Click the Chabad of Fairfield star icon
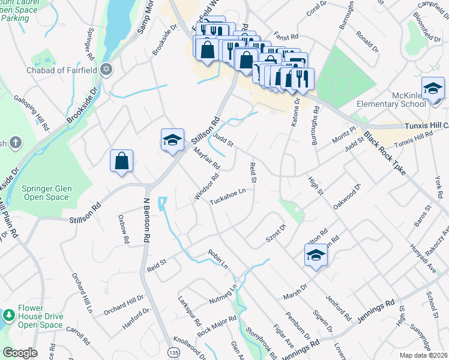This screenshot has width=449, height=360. (x=107, y=70)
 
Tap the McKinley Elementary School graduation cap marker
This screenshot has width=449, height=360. (x=433, y=90)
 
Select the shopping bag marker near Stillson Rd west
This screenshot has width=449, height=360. (x=121, y=161)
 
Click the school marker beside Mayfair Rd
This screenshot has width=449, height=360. (x=172, y=140)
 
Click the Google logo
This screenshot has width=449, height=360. (x=20, y=352)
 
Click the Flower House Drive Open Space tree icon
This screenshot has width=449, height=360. (x=9, y=315)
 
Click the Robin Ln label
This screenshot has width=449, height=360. (x=218, y=258)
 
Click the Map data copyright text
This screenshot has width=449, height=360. (x=423, y=355)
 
